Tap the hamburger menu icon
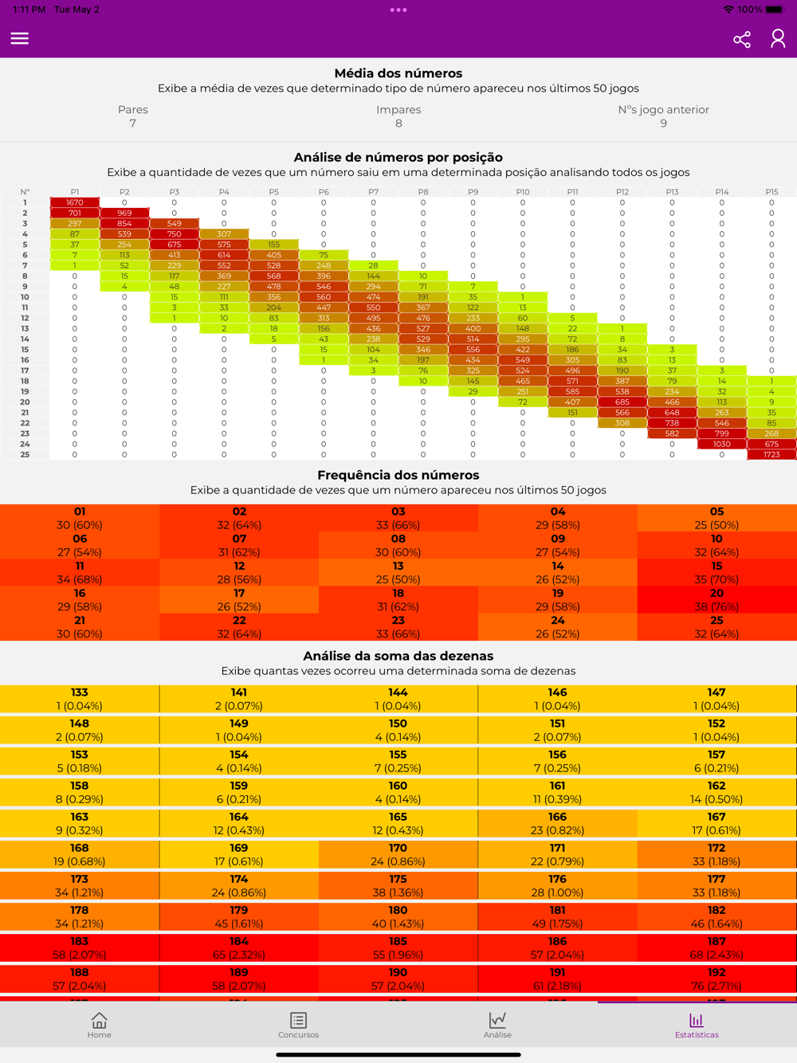point(20,38)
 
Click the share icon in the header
point(742,39)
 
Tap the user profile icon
point(778,38)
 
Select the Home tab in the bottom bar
point(100,1025)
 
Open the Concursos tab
point(298,1025)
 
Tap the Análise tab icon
point(497,1025)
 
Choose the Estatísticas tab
point(697,1025)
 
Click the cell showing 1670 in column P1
point(75,202)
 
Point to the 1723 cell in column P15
point(771,454)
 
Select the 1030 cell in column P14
point(722,444)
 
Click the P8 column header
point(423,192)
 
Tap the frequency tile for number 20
point(717,600)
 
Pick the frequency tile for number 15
point(717,573)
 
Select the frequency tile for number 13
point(398,573)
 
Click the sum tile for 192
point(717,979)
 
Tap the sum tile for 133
point(80,699)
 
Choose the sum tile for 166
point(557,823)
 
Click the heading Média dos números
point(398,73)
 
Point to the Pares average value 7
point(133,124)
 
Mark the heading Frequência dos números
point(398,475)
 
